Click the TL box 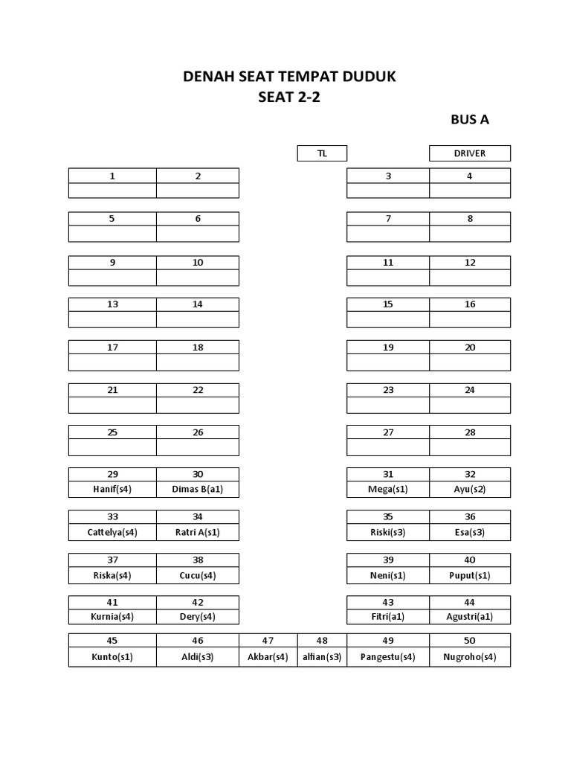(322, 153)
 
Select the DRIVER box (469, 153)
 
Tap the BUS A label (469, 120)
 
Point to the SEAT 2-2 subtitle (288, 97)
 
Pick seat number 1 (112, 176)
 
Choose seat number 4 (469, 176)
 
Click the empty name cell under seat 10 (198, 278)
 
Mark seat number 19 (388, 348)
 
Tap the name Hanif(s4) (112, 490)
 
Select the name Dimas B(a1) (198, 490)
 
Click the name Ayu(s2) (469, 490)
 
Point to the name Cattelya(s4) (112, 532)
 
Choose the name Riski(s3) (388, 532)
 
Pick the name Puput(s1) (469, 575)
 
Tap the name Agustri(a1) (469, 616)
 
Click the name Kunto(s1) (112, 657)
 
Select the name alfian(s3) (322, 657)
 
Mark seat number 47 (268, 641)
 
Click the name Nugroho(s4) (469, 657)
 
